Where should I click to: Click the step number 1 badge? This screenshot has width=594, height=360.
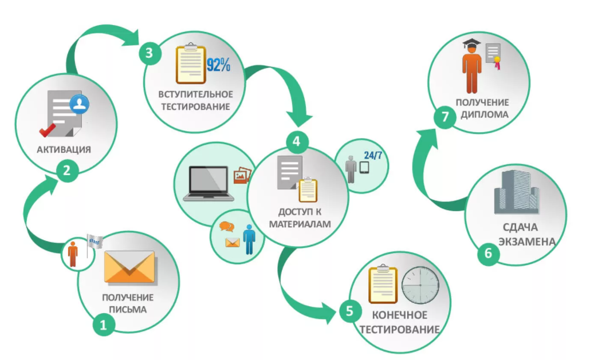[104, 325]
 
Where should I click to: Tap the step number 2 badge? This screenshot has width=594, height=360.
[68, 170]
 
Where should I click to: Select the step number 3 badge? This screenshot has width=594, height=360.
[149, 53]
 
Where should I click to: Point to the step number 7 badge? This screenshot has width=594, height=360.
[444, 117]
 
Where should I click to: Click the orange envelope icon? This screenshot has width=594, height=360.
[129, 267]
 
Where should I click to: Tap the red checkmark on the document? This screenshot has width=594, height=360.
[48, 130]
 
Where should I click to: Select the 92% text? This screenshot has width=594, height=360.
[218, 65]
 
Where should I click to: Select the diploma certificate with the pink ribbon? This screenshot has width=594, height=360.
[494, 56]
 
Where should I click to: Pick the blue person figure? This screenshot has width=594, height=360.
[249, 239]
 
